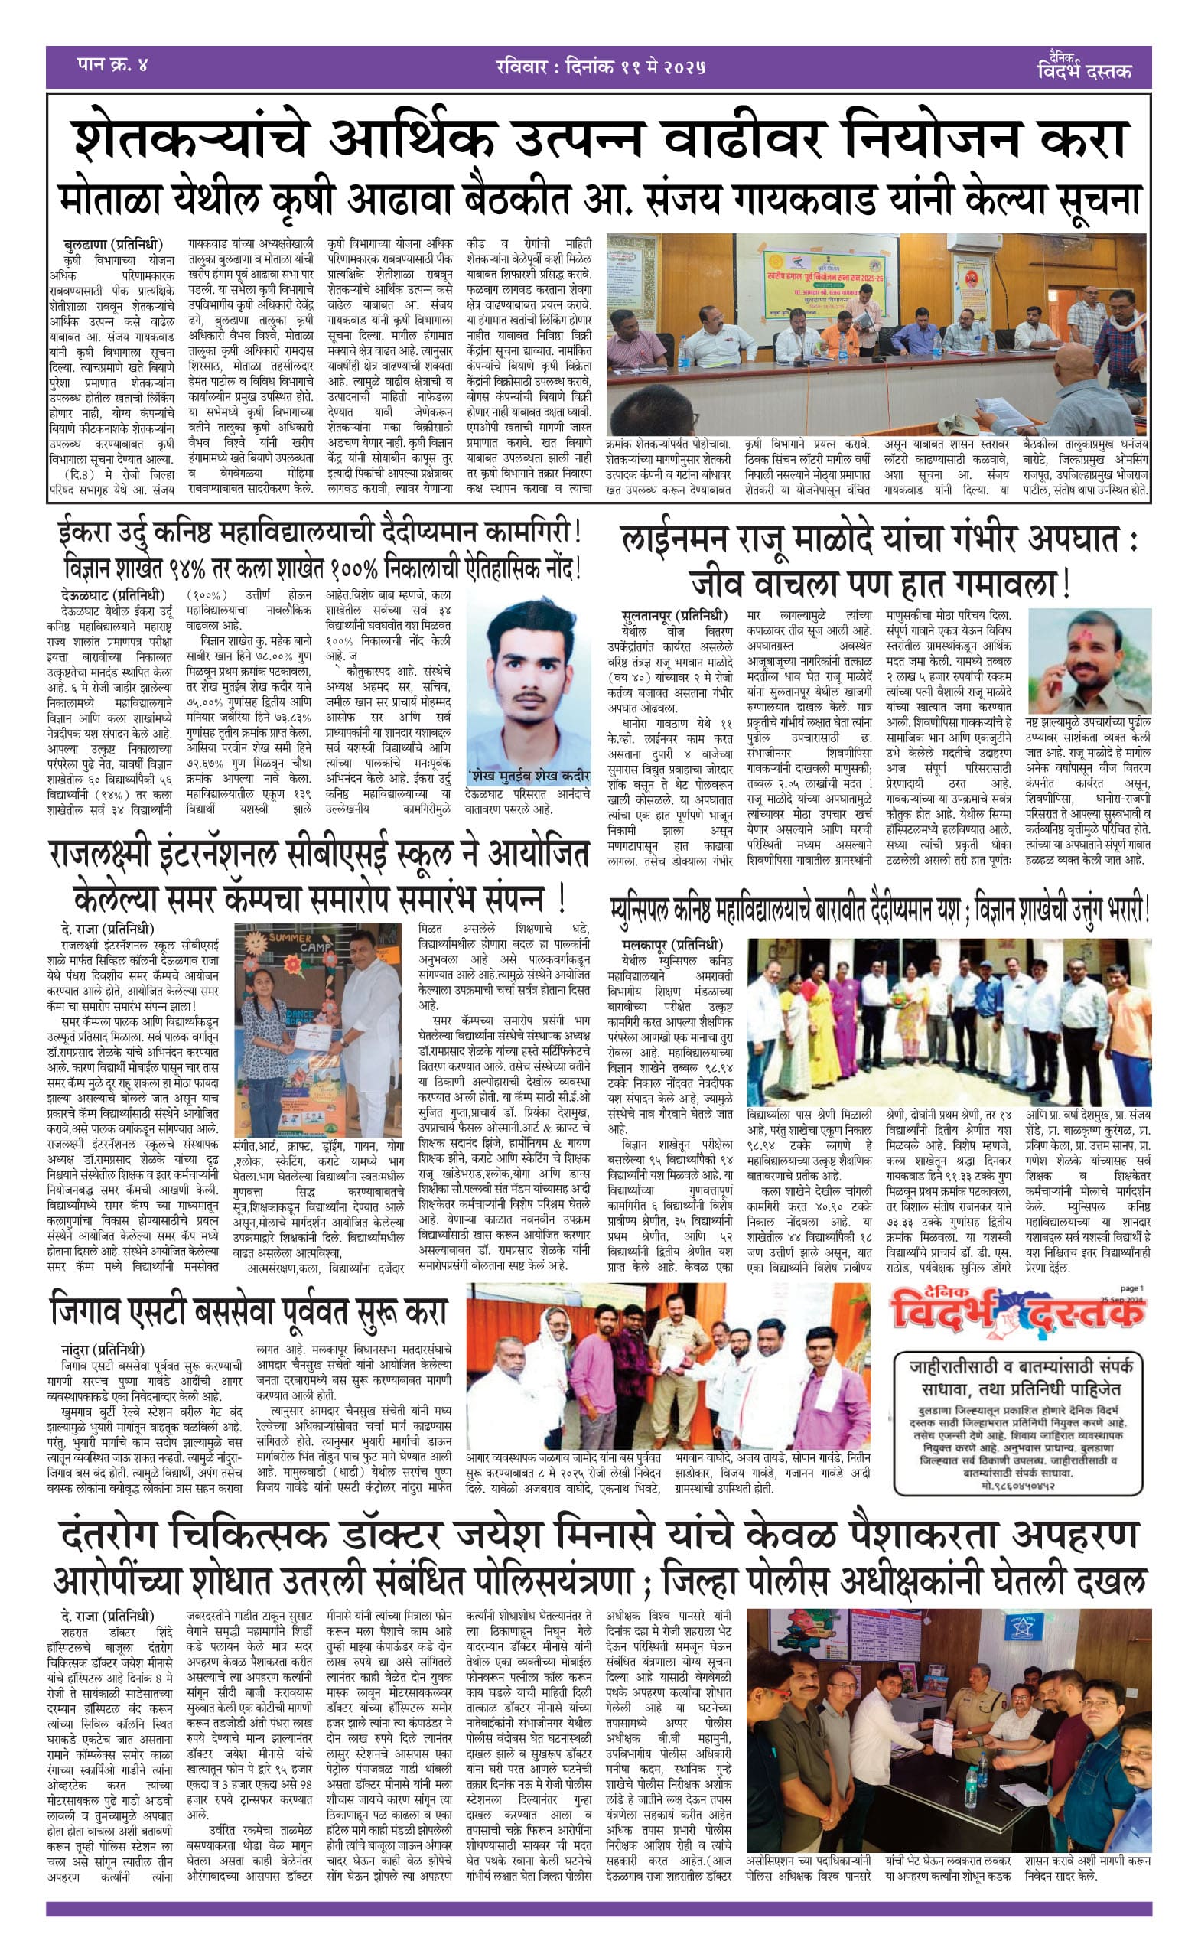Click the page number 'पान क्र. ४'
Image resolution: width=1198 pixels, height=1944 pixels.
click(x=112, y=65)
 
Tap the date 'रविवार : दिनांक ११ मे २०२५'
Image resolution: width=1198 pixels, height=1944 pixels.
click(x=599, y=67)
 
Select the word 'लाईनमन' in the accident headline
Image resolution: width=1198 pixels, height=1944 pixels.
click(x=673, y=540)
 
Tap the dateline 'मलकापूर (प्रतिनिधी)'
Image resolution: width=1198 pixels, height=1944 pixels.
click(x=672, y=944)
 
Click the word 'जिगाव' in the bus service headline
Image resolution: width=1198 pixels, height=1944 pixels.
click(x=92, y=1311)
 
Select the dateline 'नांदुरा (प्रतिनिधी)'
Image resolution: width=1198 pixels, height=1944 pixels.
click(x=103, y=1349)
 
